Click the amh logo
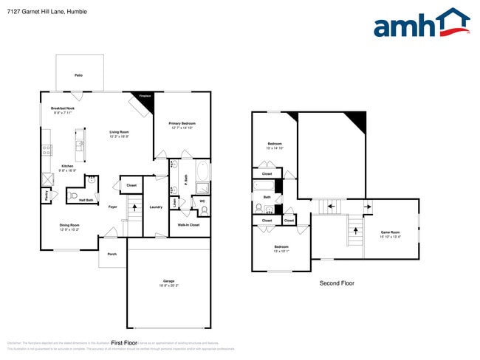coord(421,24)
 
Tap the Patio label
coord(78,75)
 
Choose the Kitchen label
coord(68,166)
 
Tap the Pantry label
coord(46,196)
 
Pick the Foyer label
coord(113,207)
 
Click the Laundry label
coord(156,207)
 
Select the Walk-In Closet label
coord(189,224)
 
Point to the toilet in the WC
coord(203,211)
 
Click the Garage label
coord(168,281)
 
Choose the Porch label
coord(112,254)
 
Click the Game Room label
coord(390,232)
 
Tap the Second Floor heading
coord(337,283)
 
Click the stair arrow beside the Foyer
coord(134,207)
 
